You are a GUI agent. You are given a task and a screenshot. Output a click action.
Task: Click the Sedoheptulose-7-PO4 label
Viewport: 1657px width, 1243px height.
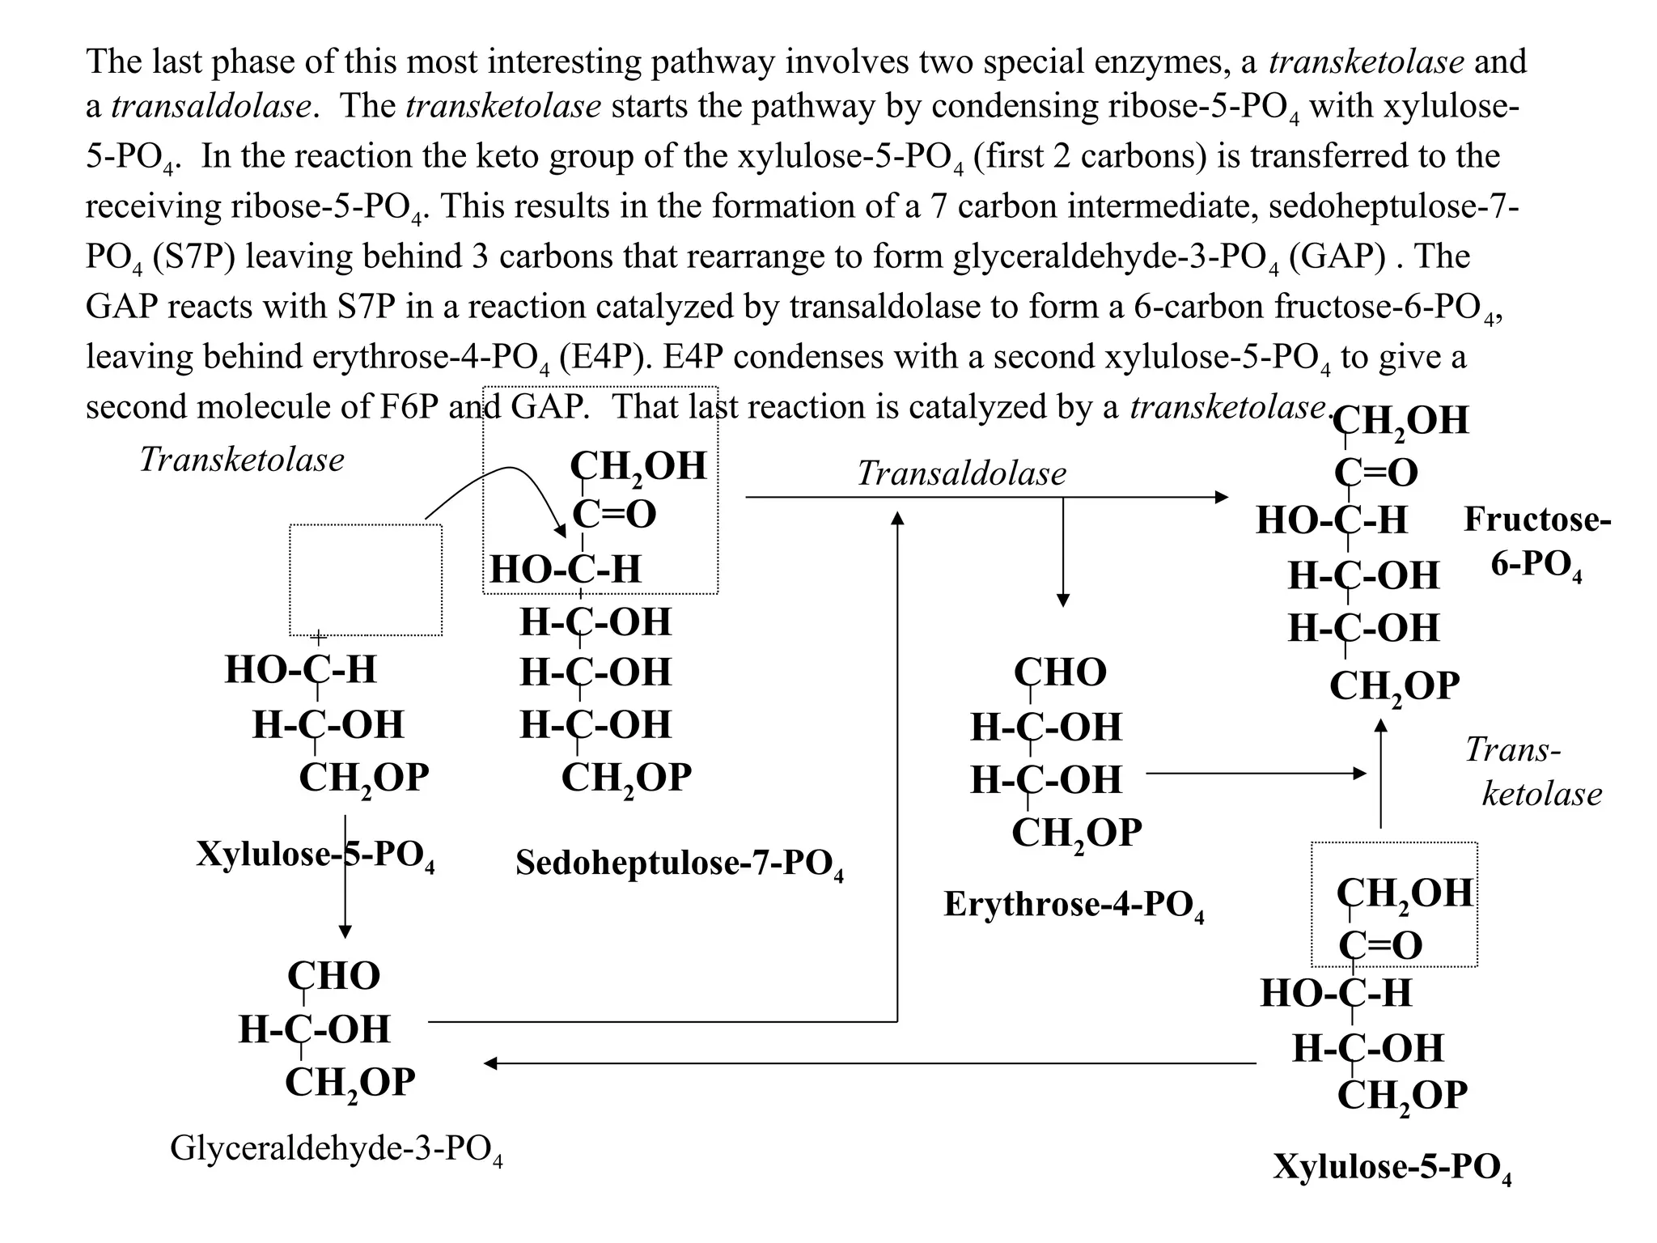point(679,863)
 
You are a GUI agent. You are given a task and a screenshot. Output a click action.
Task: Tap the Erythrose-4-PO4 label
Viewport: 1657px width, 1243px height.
point(1073,905)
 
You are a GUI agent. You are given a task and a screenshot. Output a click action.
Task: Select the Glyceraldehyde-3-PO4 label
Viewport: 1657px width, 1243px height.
point(336,1148)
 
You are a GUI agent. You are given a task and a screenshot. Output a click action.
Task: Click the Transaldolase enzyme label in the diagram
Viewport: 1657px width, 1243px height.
point(961,473)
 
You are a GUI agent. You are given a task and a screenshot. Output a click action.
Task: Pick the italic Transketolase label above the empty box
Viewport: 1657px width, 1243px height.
point(241,460)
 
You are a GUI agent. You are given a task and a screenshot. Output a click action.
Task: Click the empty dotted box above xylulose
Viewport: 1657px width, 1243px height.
point(366,579)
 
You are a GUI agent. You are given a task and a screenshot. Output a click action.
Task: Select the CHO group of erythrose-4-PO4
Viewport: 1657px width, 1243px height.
point(1060,672)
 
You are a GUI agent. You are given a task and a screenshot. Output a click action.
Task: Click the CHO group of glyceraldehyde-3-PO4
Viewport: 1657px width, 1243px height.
point(333,975)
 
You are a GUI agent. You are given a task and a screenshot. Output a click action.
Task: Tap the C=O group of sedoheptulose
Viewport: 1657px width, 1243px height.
point(614,514)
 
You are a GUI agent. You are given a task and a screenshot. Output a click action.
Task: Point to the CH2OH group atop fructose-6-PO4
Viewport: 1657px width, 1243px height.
point(1399,421)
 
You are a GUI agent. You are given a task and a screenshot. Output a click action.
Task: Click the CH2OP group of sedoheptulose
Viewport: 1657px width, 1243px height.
point(626,778)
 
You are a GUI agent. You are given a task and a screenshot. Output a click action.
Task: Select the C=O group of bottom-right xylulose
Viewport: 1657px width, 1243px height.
point(1380,945)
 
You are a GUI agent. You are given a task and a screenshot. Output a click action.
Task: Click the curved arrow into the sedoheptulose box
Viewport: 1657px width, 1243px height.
point(502,482)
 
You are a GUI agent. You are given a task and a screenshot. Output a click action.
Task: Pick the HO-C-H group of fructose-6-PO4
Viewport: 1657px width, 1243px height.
point(1331,520)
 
